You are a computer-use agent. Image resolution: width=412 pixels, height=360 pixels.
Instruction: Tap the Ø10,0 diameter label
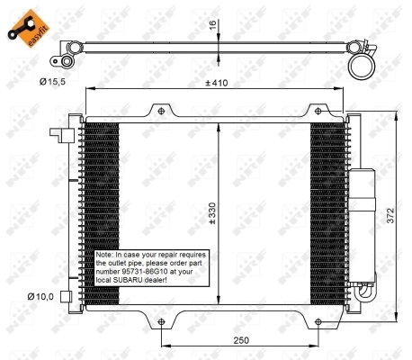click(41, 296)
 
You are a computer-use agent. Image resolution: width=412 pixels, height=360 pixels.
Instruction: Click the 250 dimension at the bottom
click(239, 341)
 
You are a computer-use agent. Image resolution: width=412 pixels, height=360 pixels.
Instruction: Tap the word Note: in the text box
click(107, 256)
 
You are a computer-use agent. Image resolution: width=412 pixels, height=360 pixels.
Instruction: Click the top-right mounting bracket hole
click(318, 111)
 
